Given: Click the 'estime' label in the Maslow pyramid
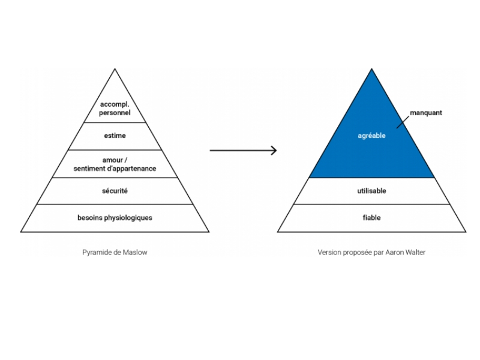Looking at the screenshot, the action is tap(115, 136).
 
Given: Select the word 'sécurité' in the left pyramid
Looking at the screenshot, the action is tap(115, 191).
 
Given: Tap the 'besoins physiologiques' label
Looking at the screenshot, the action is tap(115, 218).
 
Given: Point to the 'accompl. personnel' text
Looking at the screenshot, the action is tap(115, 109).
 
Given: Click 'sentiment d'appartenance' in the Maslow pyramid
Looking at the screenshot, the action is tap(115, 169).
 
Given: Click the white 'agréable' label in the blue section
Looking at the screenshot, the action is tap(371, 136).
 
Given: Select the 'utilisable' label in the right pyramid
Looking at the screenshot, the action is tap(371, 191).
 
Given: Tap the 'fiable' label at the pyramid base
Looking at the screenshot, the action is tap(371, 218).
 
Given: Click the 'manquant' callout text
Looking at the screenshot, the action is tap(426, 113).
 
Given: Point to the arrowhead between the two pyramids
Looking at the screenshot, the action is tap(274, 151).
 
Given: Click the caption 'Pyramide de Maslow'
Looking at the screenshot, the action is tap(115, 252).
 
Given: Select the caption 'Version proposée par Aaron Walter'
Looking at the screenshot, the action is tap(371, 252).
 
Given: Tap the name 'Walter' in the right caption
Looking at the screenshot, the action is tap(415, 252).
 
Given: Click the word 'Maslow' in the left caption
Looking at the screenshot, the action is tap(135, 252).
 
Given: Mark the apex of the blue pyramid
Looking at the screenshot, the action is tap(371, 68).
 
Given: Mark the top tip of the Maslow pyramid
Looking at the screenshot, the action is tap(115, 68).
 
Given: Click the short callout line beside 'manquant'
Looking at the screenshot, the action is tap(403, 122).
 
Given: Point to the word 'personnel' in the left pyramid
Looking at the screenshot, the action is tap(115, 113).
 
